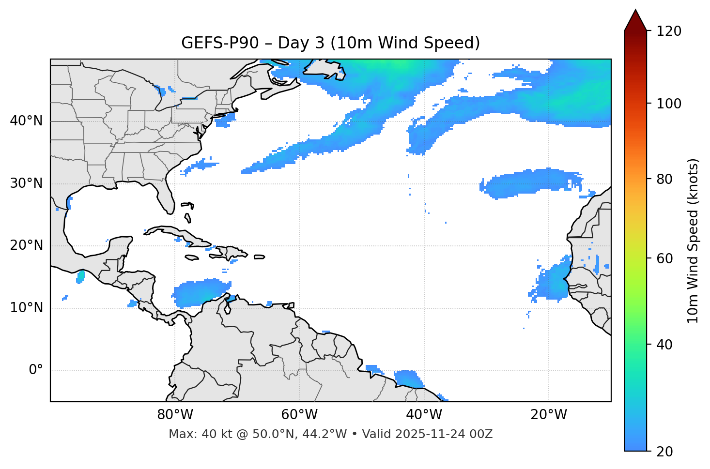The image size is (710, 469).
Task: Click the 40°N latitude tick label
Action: click(26, 121)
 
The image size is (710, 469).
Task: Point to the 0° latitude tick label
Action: click(36, 370)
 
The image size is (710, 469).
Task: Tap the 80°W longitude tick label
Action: click(175, 415)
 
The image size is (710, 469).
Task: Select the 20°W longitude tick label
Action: click(549, 415)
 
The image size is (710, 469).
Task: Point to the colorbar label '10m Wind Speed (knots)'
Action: click(693, 241)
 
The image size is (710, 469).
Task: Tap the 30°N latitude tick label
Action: click(26, 183)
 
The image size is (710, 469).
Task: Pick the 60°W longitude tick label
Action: click(299, 415)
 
